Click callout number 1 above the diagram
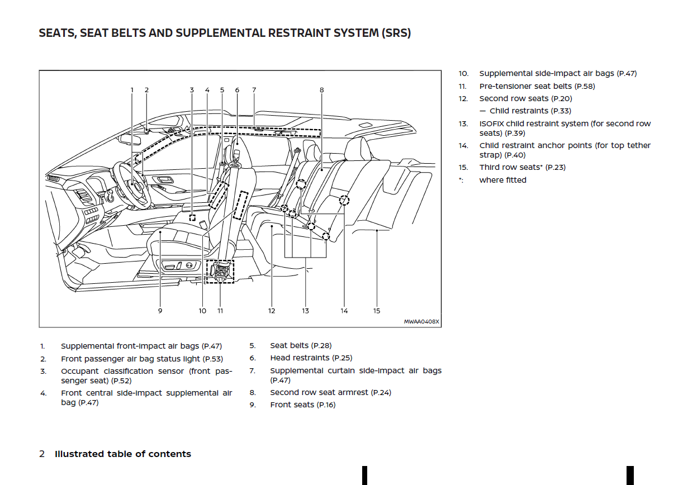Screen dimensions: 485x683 [132, 89]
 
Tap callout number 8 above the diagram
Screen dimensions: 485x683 [322, 89]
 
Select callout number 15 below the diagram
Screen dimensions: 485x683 [377, 311]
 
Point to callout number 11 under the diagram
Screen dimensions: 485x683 [220, 311]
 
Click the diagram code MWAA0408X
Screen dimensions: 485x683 [422, 321]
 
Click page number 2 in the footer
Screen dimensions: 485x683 [42, 454]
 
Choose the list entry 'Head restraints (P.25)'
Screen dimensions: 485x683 [311, 358]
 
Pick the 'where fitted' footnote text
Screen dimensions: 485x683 [502, 180]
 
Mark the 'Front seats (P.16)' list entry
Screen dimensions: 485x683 [302, 405]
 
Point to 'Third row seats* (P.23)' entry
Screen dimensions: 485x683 [522, 167]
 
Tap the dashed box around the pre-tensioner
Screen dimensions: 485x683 [220, 271]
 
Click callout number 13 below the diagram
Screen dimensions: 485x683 [306, 311]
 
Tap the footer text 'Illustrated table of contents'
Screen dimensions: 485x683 [123, 454]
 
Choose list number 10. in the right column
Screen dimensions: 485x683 [464, 73]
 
